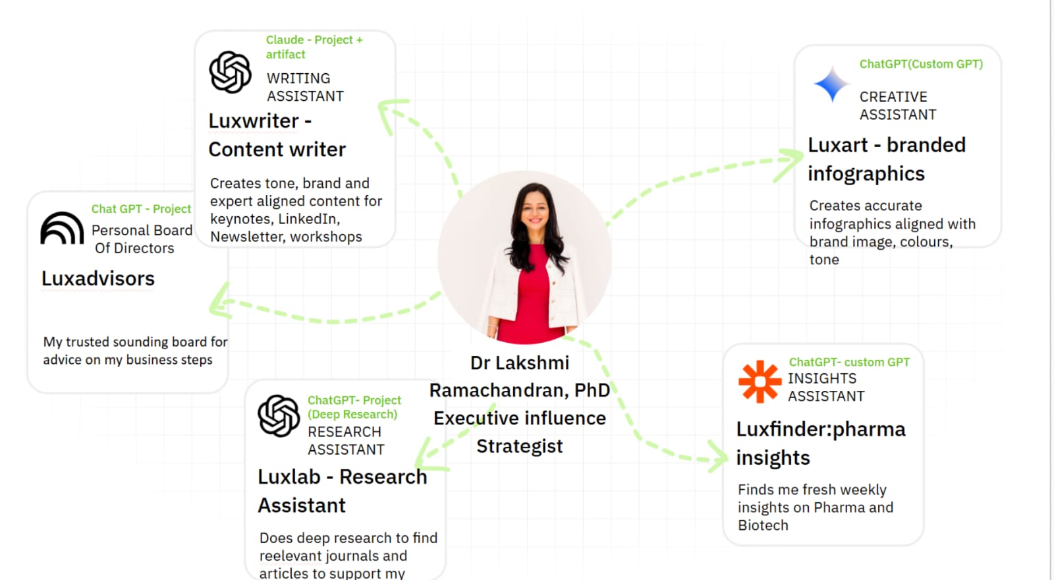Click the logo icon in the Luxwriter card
point(230,72)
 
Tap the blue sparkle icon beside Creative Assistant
point(831,84)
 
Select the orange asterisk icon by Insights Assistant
point(760,382)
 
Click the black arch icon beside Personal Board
point(62,228)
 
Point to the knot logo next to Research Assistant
point(279,416)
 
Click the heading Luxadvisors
point(98,279)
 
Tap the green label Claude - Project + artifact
point(314,47)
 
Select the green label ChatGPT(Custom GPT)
point(921,64)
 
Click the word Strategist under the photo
point(520,446)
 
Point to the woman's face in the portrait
point(534,210)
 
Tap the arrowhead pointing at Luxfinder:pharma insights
point(718,456)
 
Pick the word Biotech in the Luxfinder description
point(763,525)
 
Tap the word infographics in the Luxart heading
point(866,174)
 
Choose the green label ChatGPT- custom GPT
point(849,362)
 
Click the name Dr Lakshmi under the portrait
point(520,363)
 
